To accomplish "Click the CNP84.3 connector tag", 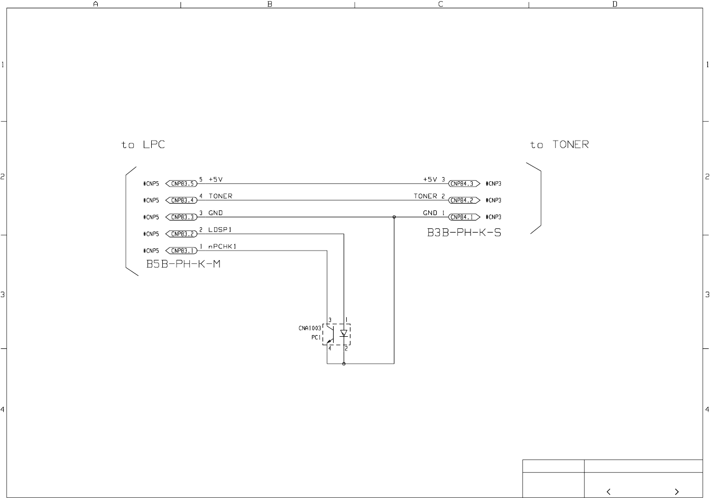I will (x=463, y=184).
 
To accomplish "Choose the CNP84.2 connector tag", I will (x=463, y=200).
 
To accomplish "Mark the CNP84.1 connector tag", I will (x=463, y=217).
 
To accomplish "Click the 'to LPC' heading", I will (x=143, y=145).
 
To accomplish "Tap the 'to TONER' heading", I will (x=559, y=145).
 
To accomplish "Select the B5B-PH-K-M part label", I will (x=183, y=264).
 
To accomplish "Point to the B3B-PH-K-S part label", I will (x=464, y=233).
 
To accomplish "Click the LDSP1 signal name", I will (x=220, y=230).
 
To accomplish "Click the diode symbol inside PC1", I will (x=344, y=333).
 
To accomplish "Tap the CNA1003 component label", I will (x=310, y=328).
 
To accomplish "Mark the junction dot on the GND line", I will (x=394, y=217).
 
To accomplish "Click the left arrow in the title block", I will (x=608, y=492).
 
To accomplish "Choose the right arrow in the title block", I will (x=676, y=492).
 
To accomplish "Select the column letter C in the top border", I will (x=441, y=4).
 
